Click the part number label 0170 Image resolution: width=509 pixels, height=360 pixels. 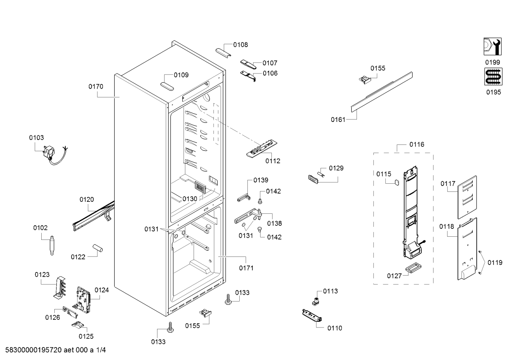point(96,87)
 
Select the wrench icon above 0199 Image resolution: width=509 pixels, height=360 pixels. point(492,47)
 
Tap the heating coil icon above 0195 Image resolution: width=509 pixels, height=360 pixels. point(493,77)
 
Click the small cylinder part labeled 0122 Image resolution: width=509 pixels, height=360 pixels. point(97,248)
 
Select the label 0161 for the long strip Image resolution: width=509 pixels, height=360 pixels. point(338,120)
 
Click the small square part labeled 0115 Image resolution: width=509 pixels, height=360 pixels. point(396,182)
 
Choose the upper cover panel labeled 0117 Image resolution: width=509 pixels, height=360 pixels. point(467,197)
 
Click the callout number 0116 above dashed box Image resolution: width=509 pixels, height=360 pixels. point(417,144)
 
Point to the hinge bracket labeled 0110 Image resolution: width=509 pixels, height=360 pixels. point(312,315)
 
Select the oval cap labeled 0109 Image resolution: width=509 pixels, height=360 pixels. point(167,87)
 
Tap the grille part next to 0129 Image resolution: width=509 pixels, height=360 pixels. point(313,179)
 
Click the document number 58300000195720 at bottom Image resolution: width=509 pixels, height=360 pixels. point(34,350)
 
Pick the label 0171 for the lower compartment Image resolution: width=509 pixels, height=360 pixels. point(246,268)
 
